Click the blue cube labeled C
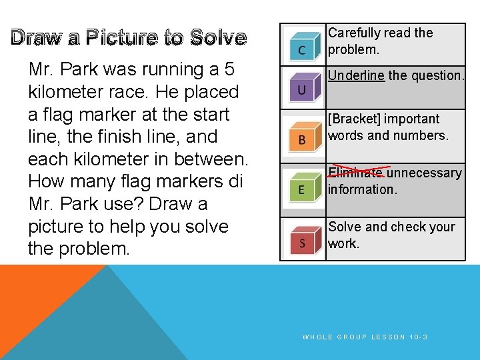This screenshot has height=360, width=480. tap(302, 45)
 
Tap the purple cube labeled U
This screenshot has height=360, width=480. tap(302, 87)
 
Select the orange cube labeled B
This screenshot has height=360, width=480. tap(302, 136)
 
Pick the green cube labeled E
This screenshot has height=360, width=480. tap(301, 187)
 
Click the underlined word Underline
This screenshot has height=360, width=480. tap(356, 75)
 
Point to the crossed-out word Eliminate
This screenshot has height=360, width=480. tap(356, 173)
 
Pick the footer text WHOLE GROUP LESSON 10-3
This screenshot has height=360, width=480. tap(365, 337)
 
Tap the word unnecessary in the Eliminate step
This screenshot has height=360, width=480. tap(424, 173)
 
